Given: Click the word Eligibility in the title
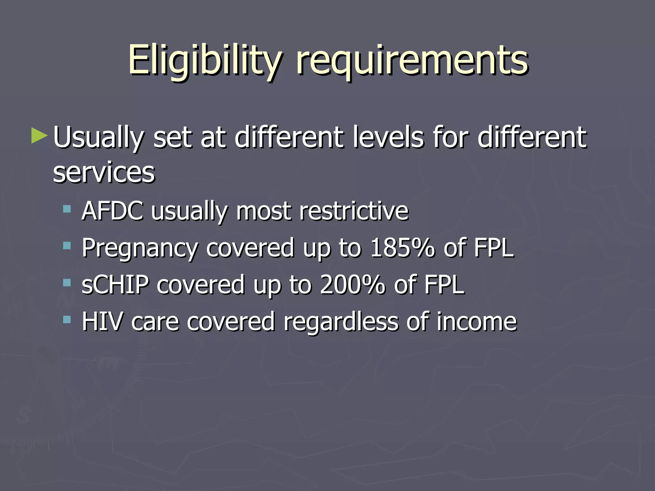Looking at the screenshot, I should [205, 60].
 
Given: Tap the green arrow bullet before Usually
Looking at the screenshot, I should [39, 136].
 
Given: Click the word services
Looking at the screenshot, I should [104, 172].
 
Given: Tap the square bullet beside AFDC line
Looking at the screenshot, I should [67, 209].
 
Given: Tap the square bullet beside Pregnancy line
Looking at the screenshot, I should [67, 246].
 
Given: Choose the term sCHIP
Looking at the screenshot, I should [115, 284].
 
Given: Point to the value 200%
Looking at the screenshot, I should [352, 284].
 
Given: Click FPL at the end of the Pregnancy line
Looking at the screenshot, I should [494, 248].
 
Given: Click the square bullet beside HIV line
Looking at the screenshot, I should [67, 319].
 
